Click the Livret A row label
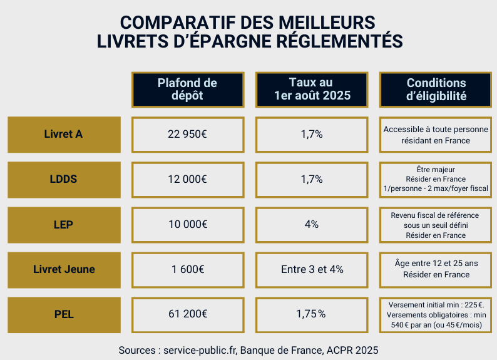click(x=63, y=134)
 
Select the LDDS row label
click(x=63, y=179)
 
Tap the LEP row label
click(x=63, y=224)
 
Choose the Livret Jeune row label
click(x=63, y=269)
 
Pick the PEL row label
click(x=63, y=314)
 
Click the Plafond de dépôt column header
click(x=187, y=90)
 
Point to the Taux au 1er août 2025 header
click(x=311, y=90)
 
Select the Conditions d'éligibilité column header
click(x=436, y=90)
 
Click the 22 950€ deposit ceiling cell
click(x=187, y=134)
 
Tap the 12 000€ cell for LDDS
click(x=187, y=179)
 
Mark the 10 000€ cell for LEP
click(x=187, y=224)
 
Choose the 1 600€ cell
click(x=187, y=269)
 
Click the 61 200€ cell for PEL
click(x=187, y=314)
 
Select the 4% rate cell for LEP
click(x=311, y=224)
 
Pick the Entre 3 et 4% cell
click(x=311, y=269)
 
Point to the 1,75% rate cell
click(x=311, y=314)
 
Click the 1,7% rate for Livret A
click(x=311, y=134)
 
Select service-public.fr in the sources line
click(x=200, y=349)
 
